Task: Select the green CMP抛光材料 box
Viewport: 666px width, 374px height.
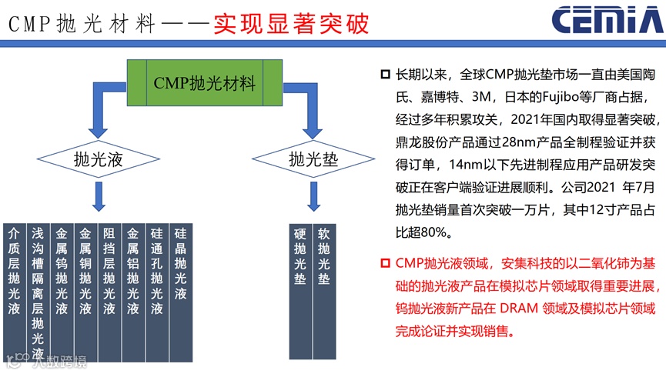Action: coord(203,83)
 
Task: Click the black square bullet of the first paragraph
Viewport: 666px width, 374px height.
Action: coord(385,75)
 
